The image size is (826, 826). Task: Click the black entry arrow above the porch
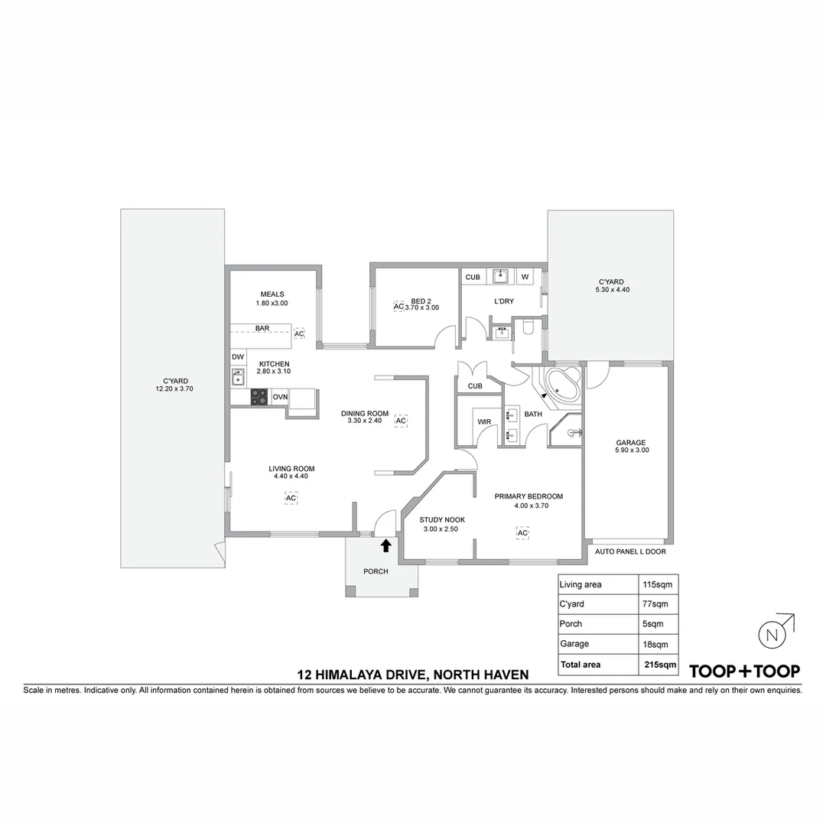(x=385, y=545)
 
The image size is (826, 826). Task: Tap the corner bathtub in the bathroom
(x=561, y=385)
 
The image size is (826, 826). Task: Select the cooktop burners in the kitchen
(x=260, y=396)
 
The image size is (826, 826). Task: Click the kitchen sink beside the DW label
(x=238, y=376)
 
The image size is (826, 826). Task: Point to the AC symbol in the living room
(x=291, y=498)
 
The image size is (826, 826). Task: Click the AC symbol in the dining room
(x=401, y=421)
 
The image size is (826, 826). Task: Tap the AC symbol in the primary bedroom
(x=523, y=532)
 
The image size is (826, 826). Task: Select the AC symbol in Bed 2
(x=398, y=306)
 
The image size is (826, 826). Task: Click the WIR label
(x=483, y=421)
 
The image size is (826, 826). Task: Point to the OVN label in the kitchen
(x=280, y=397)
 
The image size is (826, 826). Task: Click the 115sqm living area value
(x=655, y=584)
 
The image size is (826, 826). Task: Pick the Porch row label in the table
(x=571, y=624)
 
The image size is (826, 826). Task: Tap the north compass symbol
(x=772, y=634)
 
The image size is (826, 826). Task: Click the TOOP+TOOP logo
(x=745, y=672)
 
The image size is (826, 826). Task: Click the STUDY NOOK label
(x=442, y=519)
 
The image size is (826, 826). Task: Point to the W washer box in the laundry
(x=525, y=277)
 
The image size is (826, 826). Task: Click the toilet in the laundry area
(x=527, y=330)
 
